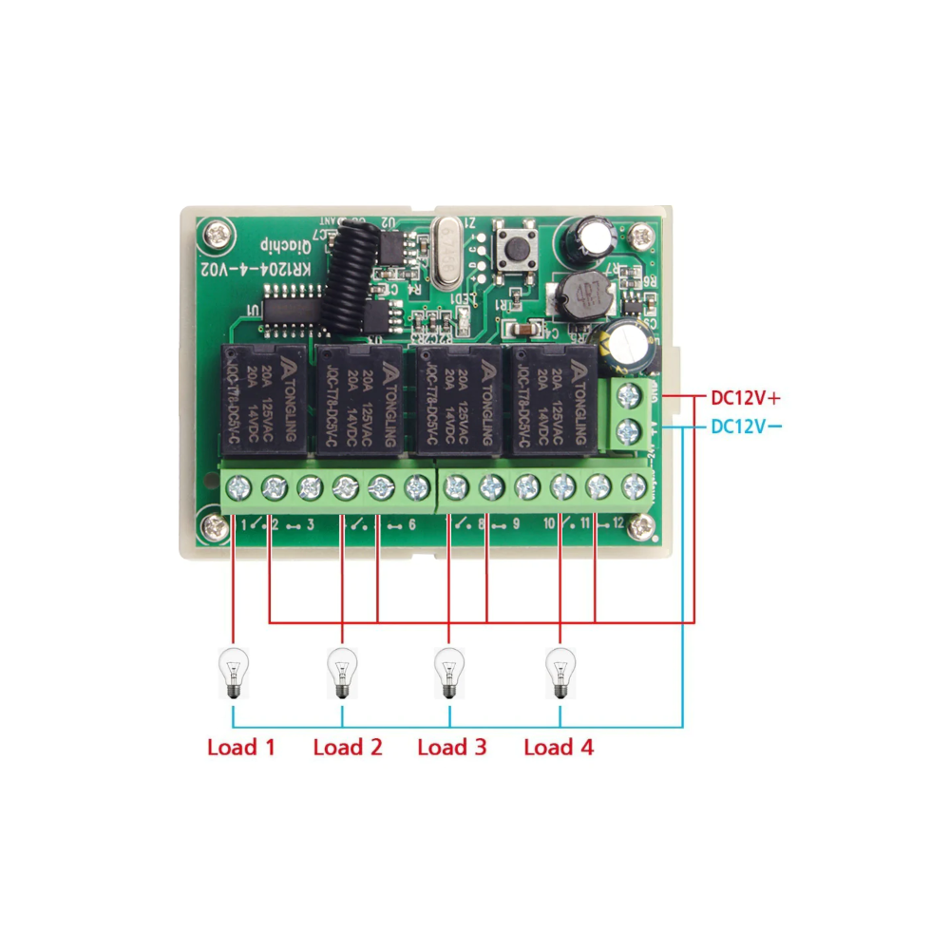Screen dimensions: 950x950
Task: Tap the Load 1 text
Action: (x=241, y=748)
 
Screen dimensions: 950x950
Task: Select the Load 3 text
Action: (x=452, y=748)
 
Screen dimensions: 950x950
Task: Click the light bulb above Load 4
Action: (x=560, y=673)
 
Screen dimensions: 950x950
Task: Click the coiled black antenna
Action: (x=344, y=281)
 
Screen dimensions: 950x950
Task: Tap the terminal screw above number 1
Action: (x=237, y=489)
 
